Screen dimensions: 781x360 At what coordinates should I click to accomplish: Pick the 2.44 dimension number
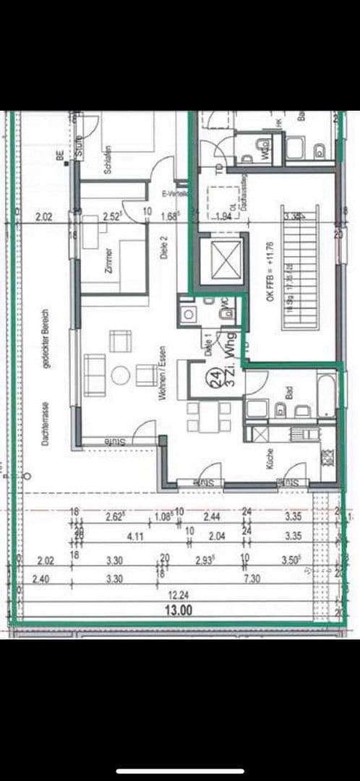click(x=211, y=518)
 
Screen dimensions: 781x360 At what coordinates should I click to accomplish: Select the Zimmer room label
click(x=108, y=259)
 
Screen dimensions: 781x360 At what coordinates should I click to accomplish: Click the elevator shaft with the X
click(x=218, y=257)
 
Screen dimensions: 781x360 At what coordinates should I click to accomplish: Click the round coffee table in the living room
click(x=120, y=375)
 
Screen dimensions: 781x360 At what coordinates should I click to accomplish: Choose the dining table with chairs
click(x=209, y=417)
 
